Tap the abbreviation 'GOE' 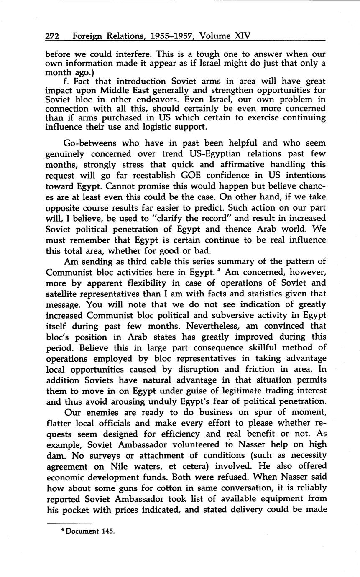pos(203,175)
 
